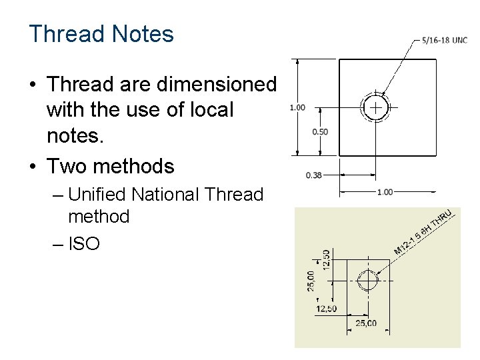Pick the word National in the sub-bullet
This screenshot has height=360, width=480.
[165, 195]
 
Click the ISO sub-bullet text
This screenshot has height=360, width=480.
[84, 244]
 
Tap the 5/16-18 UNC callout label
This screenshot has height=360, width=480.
[445, 40]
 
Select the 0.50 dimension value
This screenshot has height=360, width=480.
[320, 132]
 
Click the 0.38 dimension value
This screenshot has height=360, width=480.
[314, 175]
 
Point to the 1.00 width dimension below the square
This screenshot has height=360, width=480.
[385, 192]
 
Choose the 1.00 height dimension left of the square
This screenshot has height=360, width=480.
[297, 107]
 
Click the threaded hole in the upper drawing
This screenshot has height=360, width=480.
[376, 107]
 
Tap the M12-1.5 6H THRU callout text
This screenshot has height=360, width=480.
[423, 233]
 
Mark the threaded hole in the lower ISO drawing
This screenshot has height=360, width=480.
[367, 281]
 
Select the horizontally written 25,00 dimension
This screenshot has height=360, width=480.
[365, 323]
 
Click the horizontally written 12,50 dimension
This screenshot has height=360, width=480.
[327, 309]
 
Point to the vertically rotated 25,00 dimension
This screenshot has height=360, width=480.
[311, 280]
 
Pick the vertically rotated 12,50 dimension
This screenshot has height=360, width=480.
[326, 259]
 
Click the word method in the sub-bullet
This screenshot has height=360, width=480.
[99, 217]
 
